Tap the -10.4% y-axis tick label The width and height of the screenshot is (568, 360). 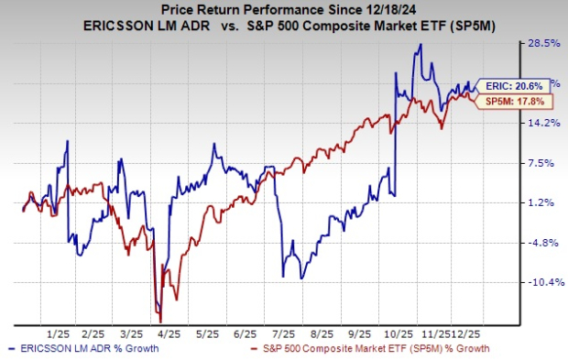click(x=539, y=282)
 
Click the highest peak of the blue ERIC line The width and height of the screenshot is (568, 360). click(x=420, y=44)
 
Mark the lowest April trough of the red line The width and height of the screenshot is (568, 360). click(x=160, y=321)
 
